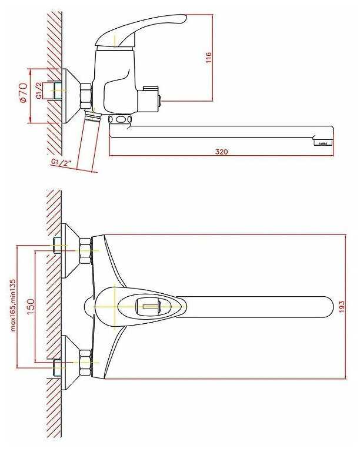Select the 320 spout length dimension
tap(221, 151)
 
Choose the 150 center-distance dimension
tap(31, 305)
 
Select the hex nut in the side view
tap(86, 95)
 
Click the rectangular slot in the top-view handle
tap(148, 305)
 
